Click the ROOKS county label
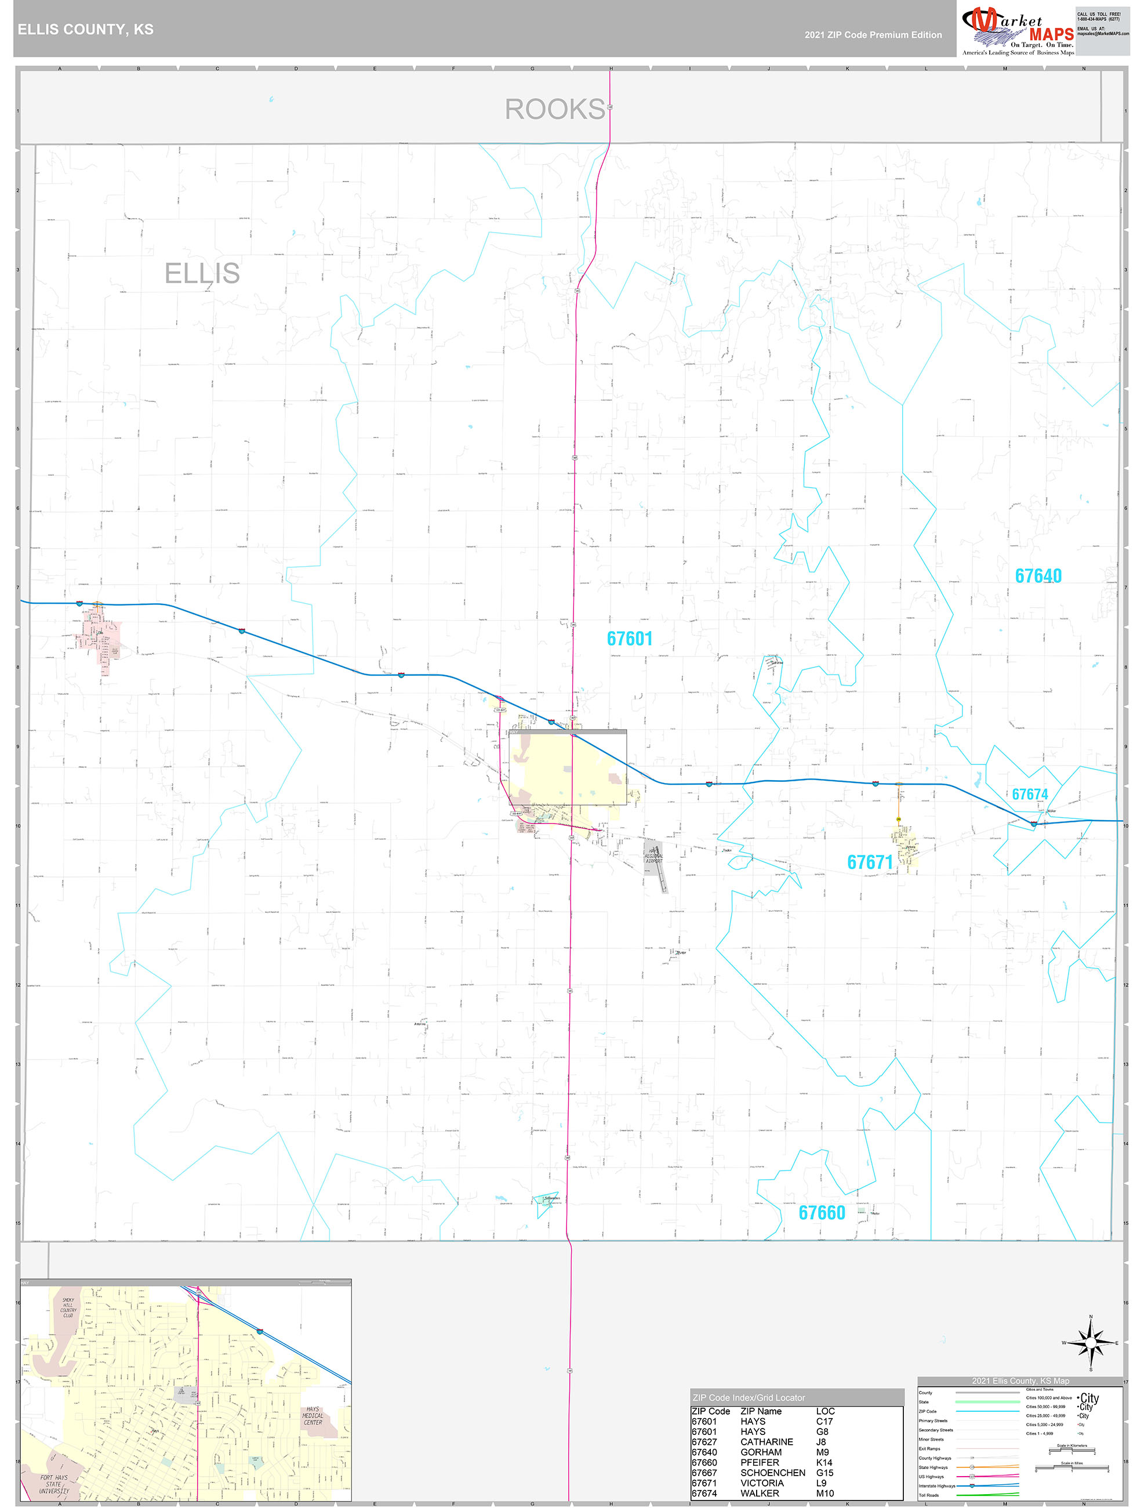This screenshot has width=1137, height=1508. [x=554, y=109]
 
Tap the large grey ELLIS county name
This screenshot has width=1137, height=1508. [x=202, y=273]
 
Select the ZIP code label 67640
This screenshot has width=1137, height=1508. [x=1037, y=576]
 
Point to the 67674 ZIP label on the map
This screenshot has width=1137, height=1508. [x=1029, y=794]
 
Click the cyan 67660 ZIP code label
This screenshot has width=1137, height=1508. [x=822, y=1213]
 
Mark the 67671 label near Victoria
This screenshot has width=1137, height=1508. [x=869, y=862]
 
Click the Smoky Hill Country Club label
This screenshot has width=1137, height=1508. [x=68, y=1307]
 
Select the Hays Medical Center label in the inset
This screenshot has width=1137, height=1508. [x=313, y=1416]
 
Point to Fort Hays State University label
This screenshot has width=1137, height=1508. [x=54, y=1484]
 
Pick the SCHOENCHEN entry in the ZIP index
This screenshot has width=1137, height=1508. [x=772, y=1473]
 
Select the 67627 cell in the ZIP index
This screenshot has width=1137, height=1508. [x=704, y=1442]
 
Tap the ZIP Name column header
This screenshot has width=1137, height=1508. [x=761, y=1411]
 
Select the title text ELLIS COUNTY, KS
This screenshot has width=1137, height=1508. [x=86, y=30]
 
